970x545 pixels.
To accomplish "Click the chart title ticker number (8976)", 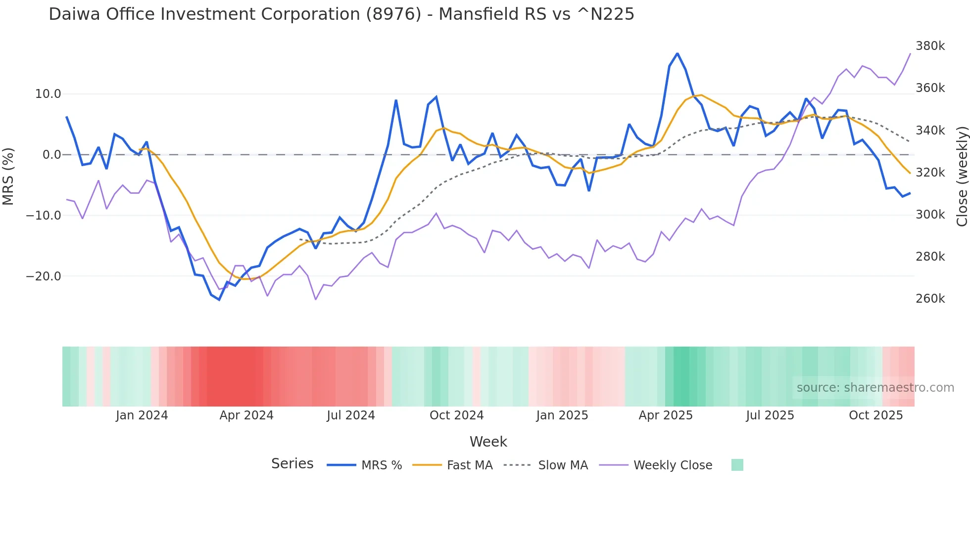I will pyautogui.click(x=393, y=14).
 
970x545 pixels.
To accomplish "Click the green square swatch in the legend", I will pyautogui.click(x=737, y=465).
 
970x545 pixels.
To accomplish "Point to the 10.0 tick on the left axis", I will pyautogui.click(x=48, y=94).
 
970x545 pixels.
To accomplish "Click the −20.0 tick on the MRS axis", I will pyautogui.click(x=44, y=276).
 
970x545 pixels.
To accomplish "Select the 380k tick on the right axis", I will pyautogui.click(x=930, y=46).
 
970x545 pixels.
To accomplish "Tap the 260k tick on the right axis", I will pyautogui.click(x=930, y=299).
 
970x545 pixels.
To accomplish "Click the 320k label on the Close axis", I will pyautogui.click(x=930, y=173).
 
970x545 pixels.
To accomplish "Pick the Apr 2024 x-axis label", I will pyautogui.click(x=246, y=415).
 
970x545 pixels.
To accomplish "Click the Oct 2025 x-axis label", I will pyautogui.click(x=875, y=415).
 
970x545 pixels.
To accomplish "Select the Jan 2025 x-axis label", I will pyautogui.click(x=562, y=415).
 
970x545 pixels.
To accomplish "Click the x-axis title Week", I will pyautogui.click(x=488, y=442).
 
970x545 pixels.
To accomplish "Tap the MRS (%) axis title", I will pyautogui.click(x=8, y=176).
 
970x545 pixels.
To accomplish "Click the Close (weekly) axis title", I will pyautogui.click(x=962, y=176).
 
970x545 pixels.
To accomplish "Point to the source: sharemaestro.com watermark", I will pyautogui.click(x=875, y=388).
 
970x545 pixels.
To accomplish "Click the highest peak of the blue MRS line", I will pyautogui.click(x=678, y=53).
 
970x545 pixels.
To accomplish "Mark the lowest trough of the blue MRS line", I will pyautogui.click(x=219, y=300).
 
